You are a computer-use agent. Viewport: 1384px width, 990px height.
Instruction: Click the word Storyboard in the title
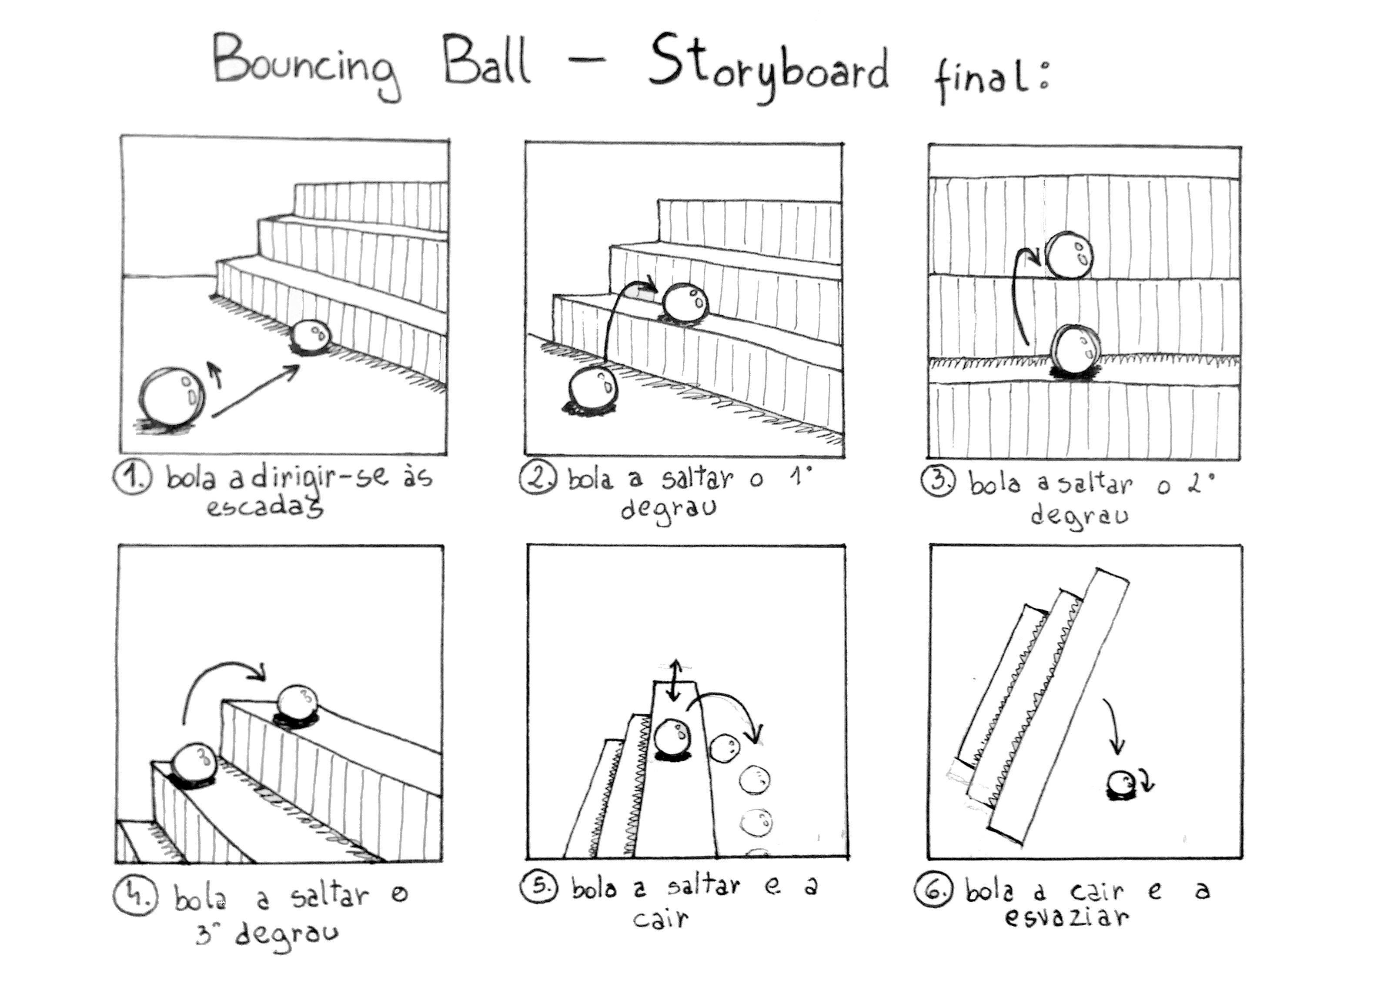[x=768, y=70]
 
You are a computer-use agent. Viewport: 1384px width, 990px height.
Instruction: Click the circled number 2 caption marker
[x=538, y=477]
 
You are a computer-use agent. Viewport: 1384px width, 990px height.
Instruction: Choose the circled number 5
[x=539, y=887]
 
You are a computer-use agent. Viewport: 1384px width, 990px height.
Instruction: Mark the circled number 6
[x=932, y=890]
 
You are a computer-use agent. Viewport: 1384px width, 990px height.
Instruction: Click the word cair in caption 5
[x=660, y=919]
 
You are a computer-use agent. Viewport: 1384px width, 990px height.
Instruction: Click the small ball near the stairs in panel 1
[x=311, y=336]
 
